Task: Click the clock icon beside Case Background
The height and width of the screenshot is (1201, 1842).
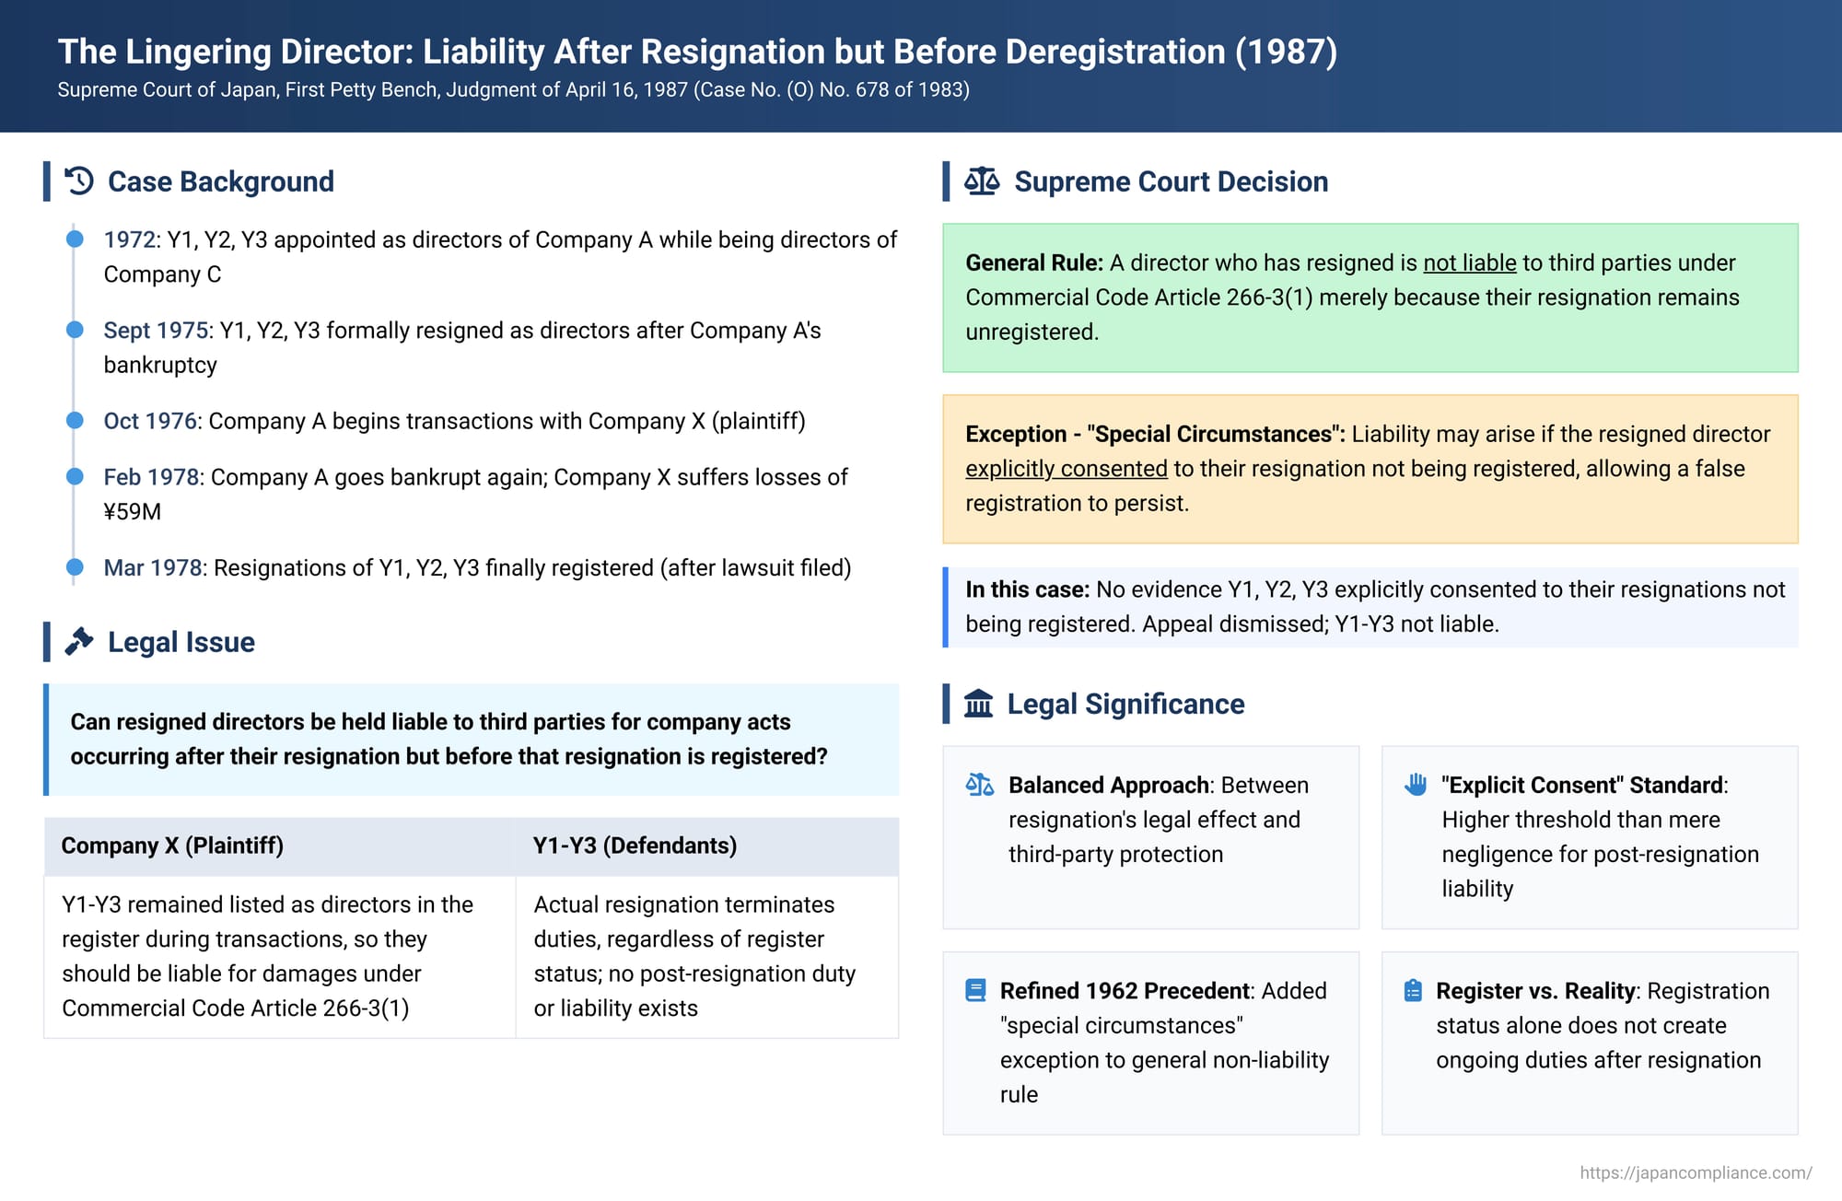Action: [79, 181]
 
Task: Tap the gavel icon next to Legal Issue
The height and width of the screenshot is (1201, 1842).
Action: [79, 641]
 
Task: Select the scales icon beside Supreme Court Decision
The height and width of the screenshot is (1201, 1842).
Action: [982, 181]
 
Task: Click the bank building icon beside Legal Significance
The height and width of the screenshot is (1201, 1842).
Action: [978, 704]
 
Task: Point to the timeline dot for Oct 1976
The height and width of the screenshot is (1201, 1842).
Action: [75, 420]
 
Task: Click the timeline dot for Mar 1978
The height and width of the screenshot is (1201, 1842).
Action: [75, 566]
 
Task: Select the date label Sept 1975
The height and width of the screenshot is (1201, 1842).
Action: [156, 331]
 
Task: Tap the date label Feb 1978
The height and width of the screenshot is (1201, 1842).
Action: [151, 477]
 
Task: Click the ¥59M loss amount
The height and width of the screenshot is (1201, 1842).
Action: [133, 512]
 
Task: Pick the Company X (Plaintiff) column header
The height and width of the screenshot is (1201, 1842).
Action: [172, 845]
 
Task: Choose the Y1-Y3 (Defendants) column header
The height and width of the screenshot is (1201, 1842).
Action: [635, 845]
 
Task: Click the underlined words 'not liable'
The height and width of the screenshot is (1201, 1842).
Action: [1470, 262]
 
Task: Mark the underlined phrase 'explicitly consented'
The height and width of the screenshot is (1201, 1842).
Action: [1067, 469]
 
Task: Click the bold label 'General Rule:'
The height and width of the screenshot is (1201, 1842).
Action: [1034, 262]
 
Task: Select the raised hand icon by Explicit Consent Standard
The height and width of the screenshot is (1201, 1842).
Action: [1416, 784]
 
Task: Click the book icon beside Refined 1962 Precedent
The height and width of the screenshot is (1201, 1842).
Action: [975, 990]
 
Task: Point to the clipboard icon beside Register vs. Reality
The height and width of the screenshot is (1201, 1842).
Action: [1413, 990]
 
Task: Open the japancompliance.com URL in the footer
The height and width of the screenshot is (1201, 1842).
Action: [1696, 1172]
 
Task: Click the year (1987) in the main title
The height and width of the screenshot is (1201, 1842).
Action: [1286, 52]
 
